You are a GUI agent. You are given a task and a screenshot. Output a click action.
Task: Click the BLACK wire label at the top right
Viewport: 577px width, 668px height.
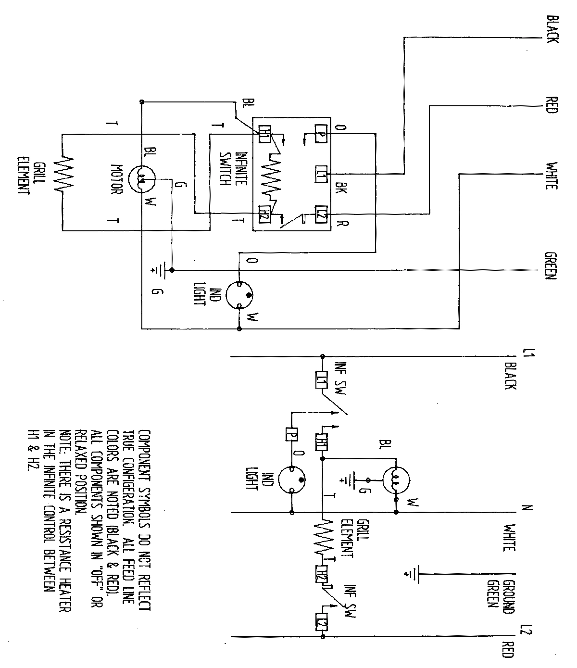(552, 29)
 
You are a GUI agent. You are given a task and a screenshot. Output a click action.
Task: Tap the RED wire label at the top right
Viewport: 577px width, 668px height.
(552, 104)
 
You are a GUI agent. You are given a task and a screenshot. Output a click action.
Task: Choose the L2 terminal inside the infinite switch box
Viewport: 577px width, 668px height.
(321, 214)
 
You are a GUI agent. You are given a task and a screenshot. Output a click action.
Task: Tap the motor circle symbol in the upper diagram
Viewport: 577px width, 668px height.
(143, 180)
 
